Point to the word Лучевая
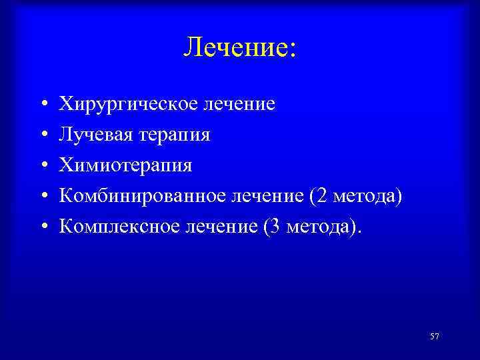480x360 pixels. click(97, 135)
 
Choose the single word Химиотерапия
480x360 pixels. click(125, 166)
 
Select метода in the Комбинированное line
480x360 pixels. click(365, 197)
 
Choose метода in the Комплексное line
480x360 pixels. click(323, 227)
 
